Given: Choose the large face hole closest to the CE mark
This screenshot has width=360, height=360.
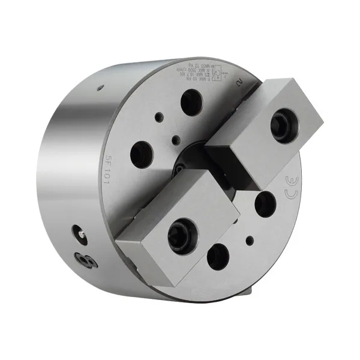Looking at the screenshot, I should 263,204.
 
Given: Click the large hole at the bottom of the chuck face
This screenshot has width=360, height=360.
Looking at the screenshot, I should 217,256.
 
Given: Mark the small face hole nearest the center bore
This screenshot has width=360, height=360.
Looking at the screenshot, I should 175,140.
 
